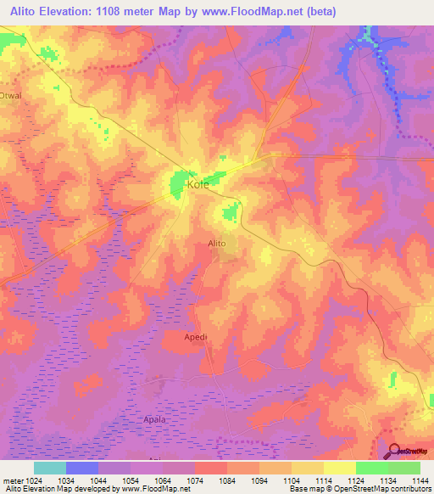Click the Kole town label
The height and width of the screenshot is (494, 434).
point(198,184)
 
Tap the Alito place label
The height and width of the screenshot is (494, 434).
point(217,244)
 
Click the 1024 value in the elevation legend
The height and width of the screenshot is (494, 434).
point(33,480)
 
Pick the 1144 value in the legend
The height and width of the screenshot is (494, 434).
point(420,480)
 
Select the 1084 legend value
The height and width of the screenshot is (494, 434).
point(227,480)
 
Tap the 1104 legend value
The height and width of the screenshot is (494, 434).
point(292,480)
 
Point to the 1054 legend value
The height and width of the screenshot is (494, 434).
point(131,480)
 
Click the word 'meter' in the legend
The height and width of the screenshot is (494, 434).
point(11,480)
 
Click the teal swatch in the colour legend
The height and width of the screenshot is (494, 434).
point(49,468)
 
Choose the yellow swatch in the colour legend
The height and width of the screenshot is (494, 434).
point(339,468)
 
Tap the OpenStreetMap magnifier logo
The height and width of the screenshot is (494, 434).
point(396,452)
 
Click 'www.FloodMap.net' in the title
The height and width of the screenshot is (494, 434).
point(260,11)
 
